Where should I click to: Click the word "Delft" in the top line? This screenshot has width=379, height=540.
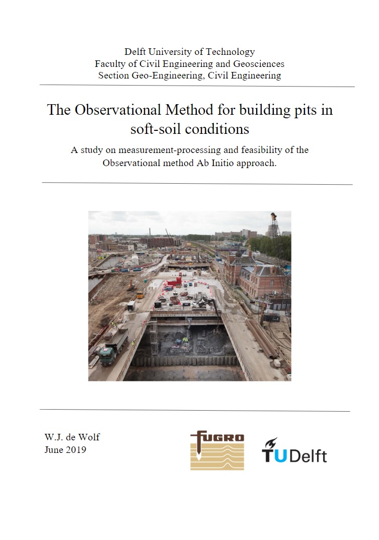[136, 52]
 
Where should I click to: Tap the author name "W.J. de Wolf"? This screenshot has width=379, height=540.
[72, 437]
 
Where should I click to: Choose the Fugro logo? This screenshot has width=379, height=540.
[217, 450]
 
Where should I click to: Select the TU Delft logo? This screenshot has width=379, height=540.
[294, 451]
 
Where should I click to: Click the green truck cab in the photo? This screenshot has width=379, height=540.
[107, 356]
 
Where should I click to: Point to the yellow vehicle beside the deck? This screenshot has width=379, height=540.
[139, 295]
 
